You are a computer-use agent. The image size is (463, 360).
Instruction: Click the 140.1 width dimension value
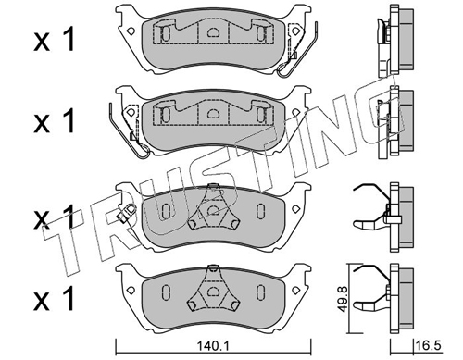[213, 346]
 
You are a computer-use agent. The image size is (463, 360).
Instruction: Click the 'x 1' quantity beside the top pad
[55, 39]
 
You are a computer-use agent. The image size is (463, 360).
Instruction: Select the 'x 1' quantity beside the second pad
[55, 120]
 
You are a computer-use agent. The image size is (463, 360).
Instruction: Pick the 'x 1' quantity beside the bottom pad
[55, 298]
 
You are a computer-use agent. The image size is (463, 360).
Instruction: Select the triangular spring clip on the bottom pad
[212, 289]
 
